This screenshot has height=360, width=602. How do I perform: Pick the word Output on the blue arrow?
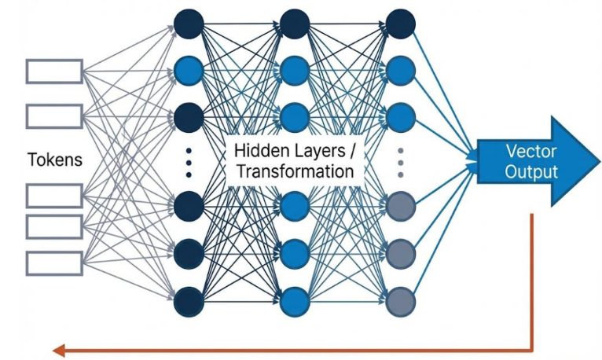click(530, 172)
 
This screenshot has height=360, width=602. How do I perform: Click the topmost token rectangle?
click(54, 71)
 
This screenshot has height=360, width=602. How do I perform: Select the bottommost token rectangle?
click(54, 263)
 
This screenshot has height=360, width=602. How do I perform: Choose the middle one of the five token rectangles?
click(54, 195)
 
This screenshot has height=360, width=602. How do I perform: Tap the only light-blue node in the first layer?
click(189, 71)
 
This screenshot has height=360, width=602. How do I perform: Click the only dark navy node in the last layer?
click(401, 23)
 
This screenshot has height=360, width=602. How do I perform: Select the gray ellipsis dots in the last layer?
click(401, 160)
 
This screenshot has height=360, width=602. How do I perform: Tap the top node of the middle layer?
click(295, 23)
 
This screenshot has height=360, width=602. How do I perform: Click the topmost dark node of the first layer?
click(189, 23)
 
